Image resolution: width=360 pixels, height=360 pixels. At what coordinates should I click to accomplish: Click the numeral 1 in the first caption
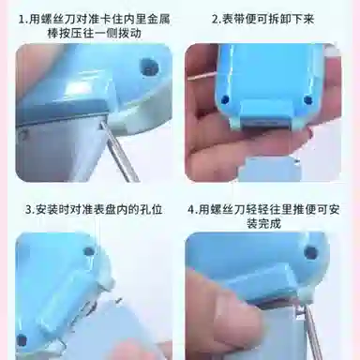point(22,20)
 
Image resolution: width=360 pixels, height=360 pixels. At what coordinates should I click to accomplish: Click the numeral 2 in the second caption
point(215,20)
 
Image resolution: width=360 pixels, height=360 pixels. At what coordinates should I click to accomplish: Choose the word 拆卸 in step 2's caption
point(280,20)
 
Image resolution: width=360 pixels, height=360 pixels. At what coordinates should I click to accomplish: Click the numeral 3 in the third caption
point(29,209)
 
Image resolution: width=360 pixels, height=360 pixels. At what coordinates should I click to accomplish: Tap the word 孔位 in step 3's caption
point(151,209)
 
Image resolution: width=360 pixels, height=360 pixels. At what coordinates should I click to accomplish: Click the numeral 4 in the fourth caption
point(191,209)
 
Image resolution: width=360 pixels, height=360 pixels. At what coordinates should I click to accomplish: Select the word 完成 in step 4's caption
point(270,223)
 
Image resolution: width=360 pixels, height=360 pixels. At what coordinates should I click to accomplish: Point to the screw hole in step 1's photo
point(149,67)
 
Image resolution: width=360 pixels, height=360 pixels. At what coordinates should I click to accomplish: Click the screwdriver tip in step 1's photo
point(101,124)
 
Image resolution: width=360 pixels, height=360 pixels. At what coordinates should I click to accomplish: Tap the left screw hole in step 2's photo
point(224,99)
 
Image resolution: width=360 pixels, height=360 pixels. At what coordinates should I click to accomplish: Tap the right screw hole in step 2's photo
point(308,100)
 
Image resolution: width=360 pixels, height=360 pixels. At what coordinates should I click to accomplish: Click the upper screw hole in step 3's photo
point(89,251)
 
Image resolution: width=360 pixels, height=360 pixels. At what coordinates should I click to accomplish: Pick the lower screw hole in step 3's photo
point(22,340)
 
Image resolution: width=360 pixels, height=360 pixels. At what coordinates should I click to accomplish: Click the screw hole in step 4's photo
point(311,252)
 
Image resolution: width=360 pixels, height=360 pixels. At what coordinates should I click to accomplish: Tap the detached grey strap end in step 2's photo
point(268,169)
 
